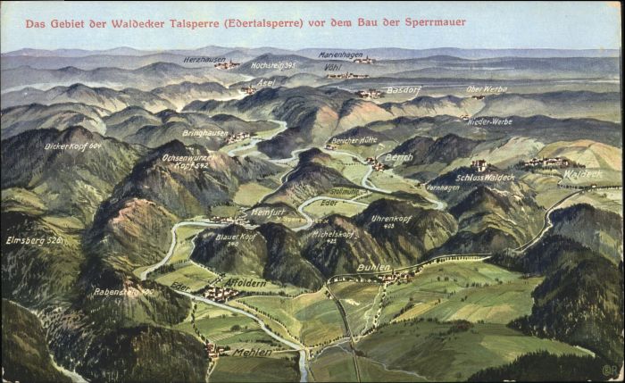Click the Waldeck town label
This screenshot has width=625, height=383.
coord(583,174)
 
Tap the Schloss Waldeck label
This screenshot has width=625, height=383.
coord(485,178)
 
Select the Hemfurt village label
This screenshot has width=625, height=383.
coord(268,212)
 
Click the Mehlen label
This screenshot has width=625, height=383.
coord(252,353)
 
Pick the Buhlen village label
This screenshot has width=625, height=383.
coord(373,267)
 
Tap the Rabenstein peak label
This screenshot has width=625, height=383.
coord(123,291)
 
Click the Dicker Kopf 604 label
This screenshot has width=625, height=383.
coord(73,146)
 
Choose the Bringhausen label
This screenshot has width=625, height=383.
coord(204,132)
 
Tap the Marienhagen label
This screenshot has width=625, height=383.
coord(340,54)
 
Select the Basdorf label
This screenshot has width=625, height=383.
coord(404,90)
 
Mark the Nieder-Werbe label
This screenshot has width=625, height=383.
coord(490,121)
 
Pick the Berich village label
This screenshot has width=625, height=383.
coord(398,157)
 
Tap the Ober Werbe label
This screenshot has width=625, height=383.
coord(487,89)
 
